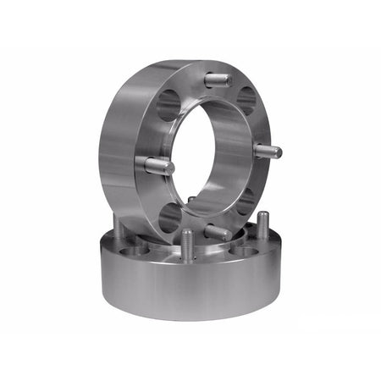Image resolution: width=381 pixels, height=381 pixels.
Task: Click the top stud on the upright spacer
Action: coord(218,80)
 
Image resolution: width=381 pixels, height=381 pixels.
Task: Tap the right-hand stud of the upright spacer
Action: coord(268,152)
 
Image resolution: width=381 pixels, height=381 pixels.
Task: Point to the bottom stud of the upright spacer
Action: coord(218,232)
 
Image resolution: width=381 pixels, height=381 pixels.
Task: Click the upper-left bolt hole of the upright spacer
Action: coord(168,105)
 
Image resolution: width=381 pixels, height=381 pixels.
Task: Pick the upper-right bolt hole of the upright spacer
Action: coord(246,99)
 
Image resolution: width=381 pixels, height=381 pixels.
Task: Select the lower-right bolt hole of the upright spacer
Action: coord(245,201)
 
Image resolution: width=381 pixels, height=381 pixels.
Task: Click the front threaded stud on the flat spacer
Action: coord(187,246)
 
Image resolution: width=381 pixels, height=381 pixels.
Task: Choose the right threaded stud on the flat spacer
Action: coord(263,227)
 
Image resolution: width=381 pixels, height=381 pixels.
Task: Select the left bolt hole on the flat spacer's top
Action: coord(135,251)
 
